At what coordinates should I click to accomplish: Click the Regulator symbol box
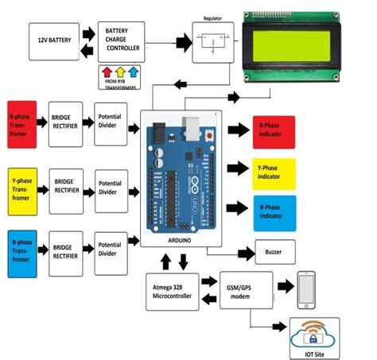pos(212,41)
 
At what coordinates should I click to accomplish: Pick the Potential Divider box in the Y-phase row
pos(111,188)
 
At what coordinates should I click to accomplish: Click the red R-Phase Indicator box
pos(273,131)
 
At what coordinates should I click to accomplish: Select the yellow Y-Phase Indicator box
pos(273,174)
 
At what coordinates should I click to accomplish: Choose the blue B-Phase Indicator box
pos(273,212)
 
